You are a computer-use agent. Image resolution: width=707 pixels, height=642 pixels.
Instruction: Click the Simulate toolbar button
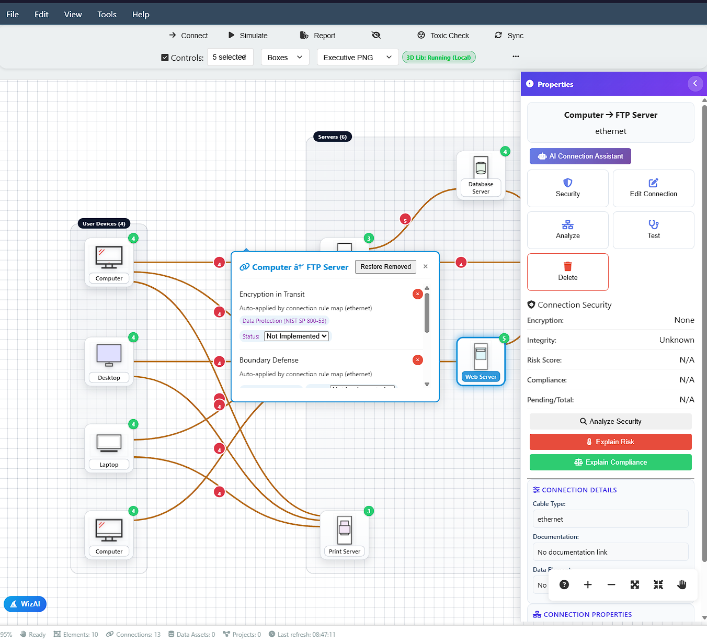248,36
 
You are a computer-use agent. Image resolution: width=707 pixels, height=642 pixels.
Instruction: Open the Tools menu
107,15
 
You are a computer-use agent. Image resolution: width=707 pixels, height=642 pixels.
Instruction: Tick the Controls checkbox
165,58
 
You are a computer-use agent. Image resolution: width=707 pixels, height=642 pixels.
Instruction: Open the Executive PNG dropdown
357,58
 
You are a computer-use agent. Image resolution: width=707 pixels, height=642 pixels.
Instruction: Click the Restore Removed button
385,267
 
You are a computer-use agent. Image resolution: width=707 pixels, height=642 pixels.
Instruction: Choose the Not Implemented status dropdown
297,336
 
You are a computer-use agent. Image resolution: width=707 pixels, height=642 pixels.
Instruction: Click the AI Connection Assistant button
580,156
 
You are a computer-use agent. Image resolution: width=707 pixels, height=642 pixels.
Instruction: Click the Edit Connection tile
653,188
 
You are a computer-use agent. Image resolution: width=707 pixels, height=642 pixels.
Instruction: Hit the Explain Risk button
610,442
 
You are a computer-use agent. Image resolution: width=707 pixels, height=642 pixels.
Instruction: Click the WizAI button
25,604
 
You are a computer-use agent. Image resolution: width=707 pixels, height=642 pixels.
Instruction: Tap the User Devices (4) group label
104,224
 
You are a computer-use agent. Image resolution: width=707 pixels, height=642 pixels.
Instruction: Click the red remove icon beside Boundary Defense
417,360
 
